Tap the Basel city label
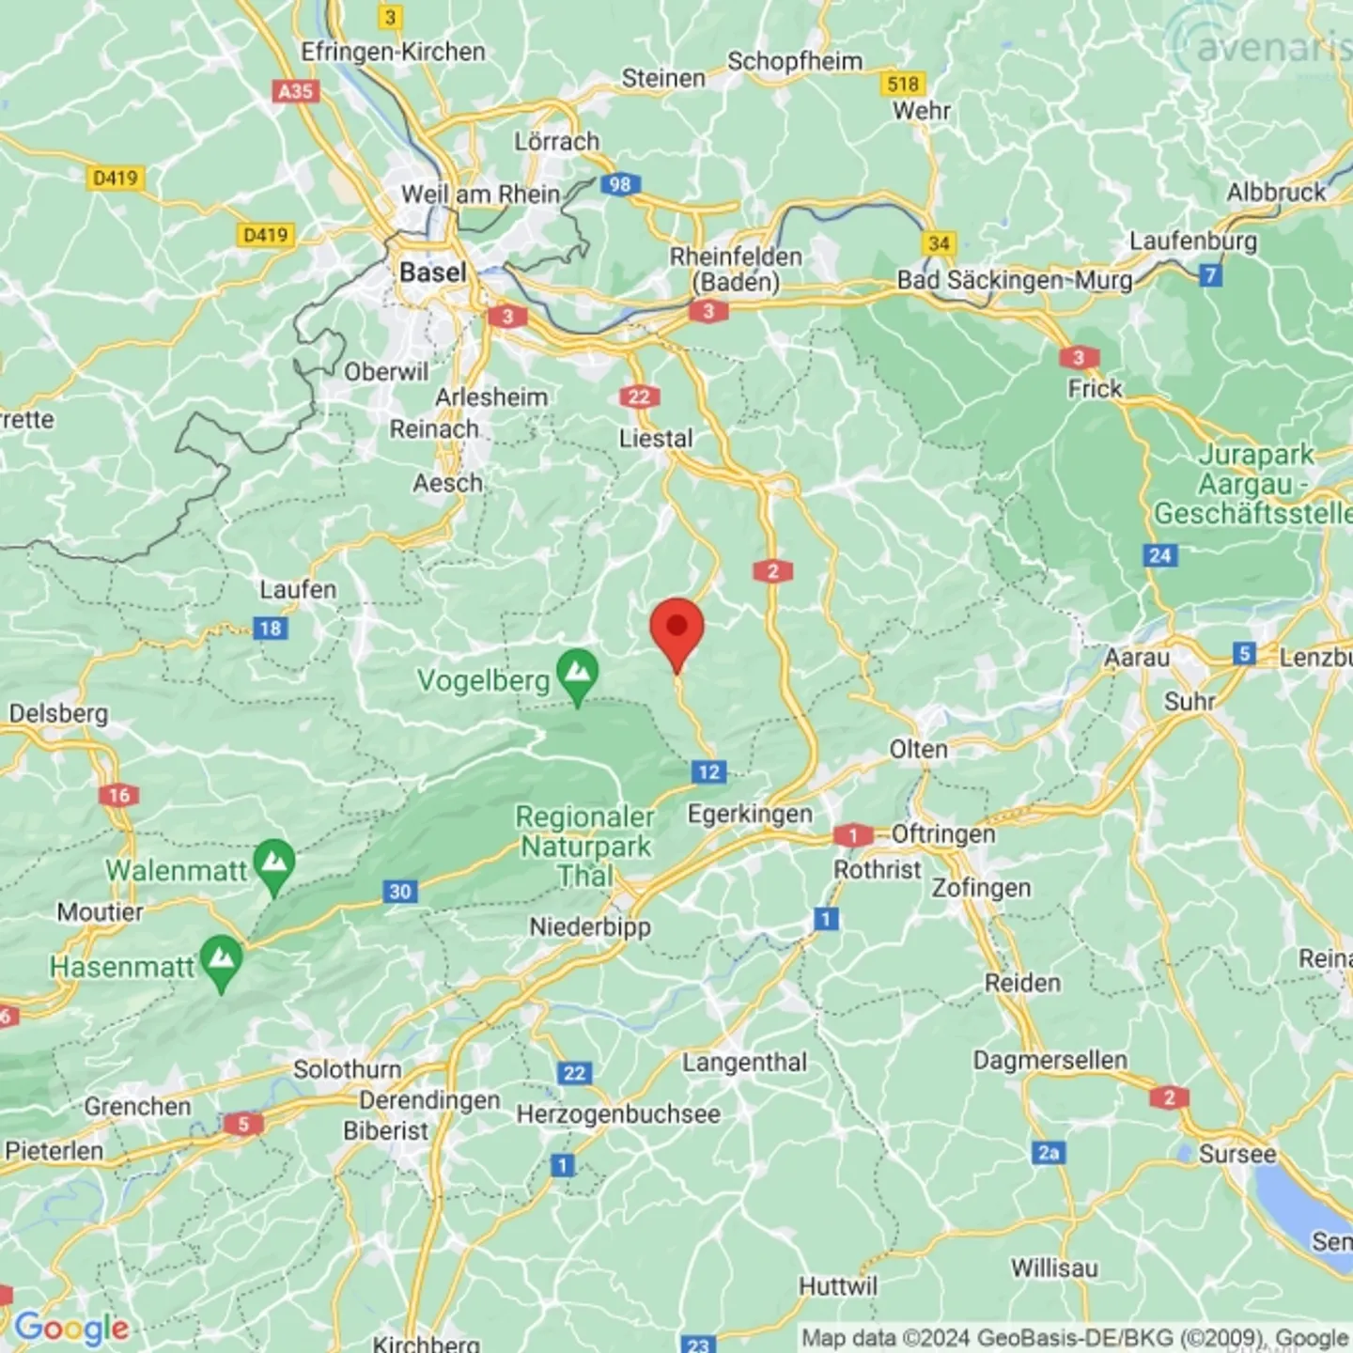432,272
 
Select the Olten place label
918,750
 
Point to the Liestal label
656,438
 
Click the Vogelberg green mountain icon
578,673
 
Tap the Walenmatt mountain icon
274,863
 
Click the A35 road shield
296,91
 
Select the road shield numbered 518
903,84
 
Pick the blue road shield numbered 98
620,184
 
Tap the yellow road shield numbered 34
939,243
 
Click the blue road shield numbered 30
400,891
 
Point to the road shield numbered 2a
1049,1152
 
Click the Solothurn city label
347,1069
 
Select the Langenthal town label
744,1063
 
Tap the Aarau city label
1136,657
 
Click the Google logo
71,1327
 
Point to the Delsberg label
58,713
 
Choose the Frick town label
1095,389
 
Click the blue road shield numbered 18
271,629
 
